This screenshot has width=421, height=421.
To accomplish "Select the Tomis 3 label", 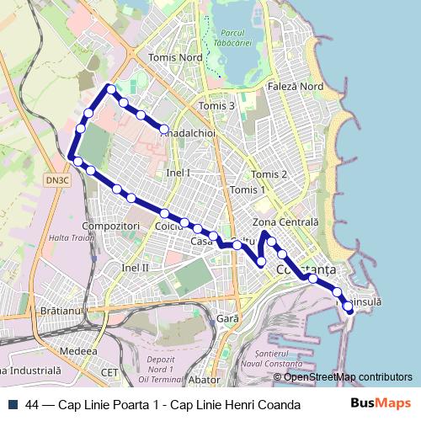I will click(x=216, y=106).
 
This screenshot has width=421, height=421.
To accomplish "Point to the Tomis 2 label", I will click(x=269, y=174).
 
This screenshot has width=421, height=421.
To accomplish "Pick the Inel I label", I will click(x=179, y=173).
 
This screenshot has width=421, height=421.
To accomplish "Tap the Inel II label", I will click(x=135, y=267).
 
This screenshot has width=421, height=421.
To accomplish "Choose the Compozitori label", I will click(x=111, y=226).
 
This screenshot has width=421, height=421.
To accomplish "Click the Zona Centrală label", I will click(x=285, y=221).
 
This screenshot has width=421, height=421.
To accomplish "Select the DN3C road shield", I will click(x=58, y=179).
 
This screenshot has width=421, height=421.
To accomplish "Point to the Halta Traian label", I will click(x=72, y=238).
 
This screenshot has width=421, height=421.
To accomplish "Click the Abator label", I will click(x=205, y=380).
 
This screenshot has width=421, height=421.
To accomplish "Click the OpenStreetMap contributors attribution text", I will click(x=348, y=376).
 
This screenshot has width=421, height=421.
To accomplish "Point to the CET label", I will click(x=109, y=371).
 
